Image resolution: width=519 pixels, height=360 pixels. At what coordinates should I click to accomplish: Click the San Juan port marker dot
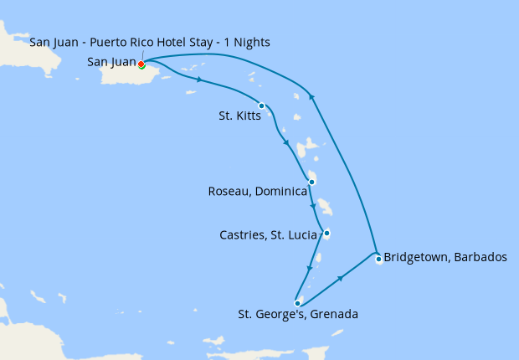(x=141, y=64)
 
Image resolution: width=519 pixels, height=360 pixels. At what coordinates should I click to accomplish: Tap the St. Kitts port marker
(x=262, y=105)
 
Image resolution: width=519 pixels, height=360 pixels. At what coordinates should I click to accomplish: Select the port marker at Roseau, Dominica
(x=311, y=182)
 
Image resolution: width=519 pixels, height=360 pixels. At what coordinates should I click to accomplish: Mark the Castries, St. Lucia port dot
(x=326, y=233)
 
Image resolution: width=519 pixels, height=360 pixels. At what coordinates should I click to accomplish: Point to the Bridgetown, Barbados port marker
(x=378, y=259)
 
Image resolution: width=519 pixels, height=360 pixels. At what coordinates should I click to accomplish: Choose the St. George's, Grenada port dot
(x=297, y=303)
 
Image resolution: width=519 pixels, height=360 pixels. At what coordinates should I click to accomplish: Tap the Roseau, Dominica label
(x=257, y=192)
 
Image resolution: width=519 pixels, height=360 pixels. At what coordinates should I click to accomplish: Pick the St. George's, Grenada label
(x=298, y=315)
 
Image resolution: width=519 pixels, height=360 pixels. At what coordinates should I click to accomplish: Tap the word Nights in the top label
(x=251, y=42)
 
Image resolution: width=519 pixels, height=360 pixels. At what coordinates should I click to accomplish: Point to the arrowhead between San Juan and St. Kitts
(x=200, y=80)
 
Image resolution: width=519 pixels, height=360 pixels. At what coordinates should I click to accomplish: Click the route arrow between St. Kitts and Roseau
(x=288, y=142)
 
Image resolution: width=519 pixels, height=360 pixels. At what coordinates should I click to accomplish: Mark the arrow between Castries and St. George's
(x=310, y=269)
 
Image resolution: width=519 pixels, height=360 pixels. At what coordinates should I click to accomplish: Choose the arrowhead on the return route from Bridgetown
(x=312, y=95)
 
